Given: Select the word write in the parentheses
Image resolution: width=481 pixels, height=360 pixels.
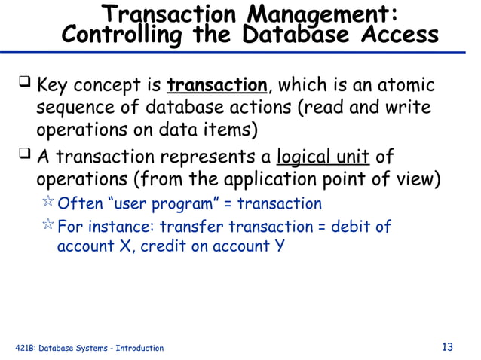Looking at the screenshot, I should point(409,107).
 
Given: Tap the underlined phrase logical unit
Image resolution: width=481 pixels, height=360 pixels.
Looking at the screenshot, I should point(323,158).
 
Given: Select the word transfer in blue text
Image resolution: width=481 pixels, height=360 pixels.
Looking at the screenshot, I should point(190,227).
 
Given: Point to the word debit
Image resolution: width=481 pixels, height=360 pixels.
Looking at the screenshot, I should point(353,227).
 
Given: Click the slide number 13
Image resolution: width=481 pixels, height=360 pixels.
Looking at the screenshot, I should point(447,347).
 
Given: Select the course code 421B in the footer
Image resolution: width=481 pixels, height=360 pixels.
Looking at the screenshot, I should point(25,348).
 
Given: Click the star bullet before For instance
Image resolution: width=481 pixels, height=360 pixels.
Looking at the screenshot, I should point(47,226).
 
